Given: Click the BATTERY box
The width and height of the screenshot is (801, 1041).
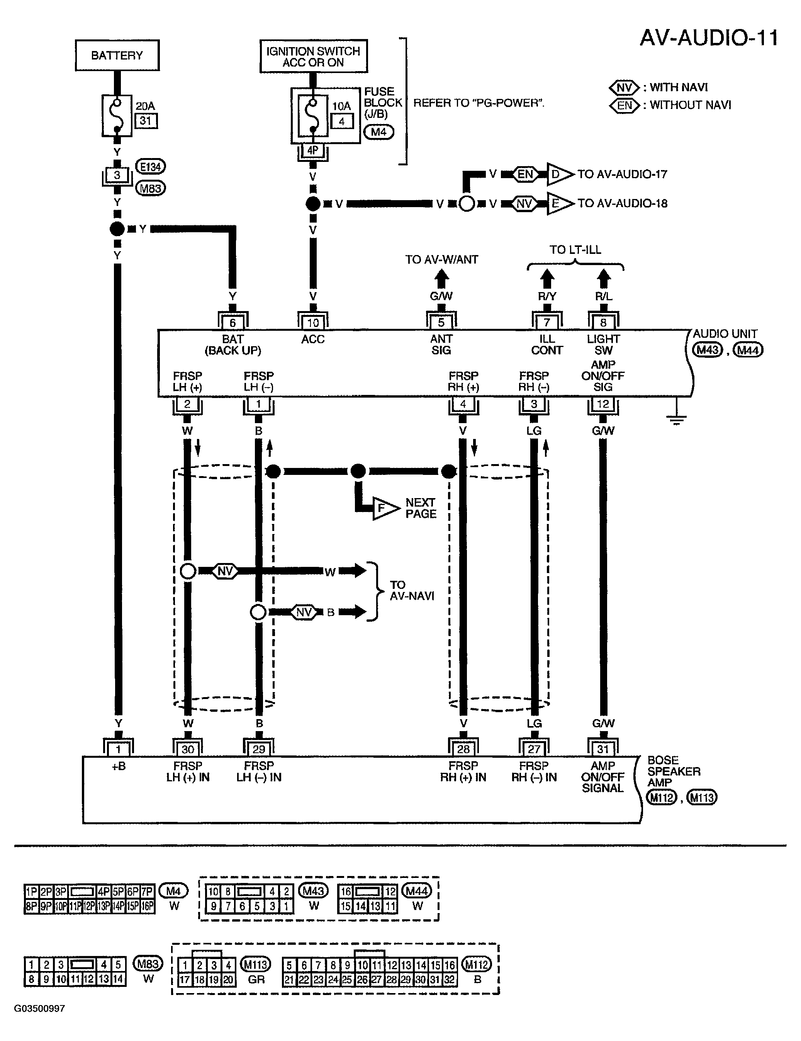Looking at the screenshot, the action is pyautogui.click(x=117, y=55).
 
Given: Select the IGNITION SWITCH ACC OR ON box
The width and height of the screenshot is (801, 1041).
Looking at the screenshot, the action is pyautogui.click(x=314, y=56).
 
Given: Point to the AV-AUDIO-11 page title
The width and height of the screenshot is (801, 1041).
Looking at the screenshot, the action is pyautogui.click(x=709, y=37).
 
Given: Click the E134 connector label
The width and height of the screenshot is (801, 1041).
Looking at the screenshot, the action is pyautogui.click(x=151, y=167).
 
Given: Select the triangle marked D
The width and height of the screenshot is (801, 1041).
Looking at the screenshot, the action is pyautogui.click(x=560, y=174).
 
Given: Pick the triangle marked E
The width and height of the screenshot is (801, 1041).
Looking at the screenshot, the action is pyautogui.click(x=560, y=204).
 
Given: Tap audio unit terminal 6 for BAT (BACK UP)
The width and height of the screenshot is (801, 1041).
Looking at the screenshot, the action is pyautogui.click(x=232, y=322).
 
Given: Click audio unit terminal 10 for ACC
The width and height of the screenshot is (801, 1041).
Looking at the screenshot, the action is pyautogui.click(x=312, y=322).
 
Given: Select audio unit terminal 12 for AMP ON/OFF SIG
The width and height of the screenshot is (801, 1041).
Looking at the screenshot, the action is pyautogui.click(x=603, y=404).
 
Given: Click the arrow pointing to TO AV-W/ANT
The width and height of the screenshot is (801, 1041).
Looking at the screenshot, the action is pyautogui.click(x=442, y=277).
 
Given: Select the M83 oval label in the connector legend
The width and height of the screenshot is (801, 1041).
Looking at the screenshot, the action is pyautogui.click(x=148, y=964).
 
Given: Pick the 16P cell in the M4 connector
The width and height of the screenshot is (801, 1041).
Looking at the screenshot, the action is pyautogui.click(x=148, y=906).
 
